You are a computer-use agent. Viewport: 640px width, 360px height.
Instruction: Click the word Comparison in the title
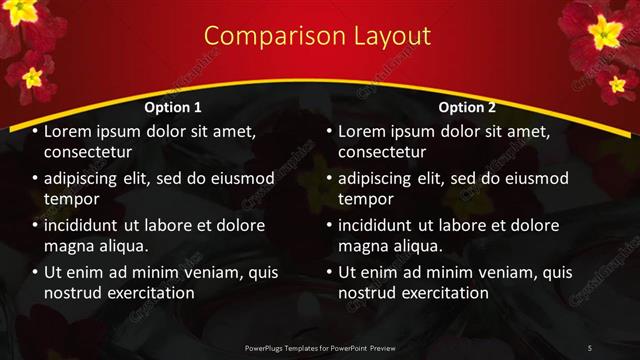[263, 36]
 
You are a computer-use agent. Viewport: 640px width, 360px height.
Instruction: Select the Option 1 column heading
[173, 107]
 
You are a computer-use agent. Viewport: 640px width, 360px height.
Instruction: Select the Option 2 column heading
[467, 107]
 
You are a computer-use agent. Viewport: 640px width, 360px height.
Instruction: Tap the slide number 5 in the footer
[590, 347]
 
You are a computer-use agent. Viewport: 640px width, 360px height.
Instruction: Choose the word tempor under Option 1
[69, 199]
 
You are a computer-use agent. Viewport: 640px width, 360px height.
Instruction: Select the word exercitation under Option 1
[147, 293]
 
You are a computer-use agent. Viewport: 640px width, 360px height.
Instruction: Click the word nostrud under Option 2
[369, 293]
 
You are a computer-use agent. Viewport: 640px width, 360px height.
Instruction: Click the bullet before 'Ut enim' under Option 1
[35, 272]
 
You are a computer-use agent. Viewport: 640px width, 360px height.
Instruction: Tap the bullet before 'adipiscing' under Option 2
[329, 178]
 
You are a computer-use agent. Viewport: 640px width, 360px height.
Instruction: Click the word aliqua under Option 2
[431, 246]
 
